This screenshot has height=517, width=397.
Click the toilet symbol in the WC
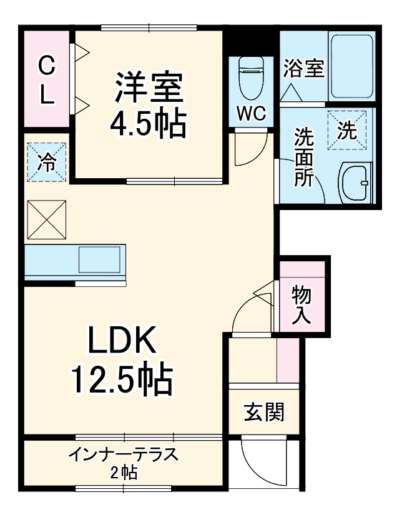pos(252,78)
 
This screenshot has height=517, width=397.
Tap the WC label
pos(252,113)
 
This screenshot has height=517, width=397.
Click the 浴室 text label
pos(304,68)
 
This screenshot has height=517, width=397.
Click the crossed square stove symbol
pos(46,219)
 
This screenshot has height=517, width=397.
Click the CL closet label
pos(46,79)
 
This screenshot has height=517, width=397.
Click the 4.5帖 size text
pos(148,125)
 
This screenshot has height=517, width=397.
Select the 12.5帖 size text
pos(121,379)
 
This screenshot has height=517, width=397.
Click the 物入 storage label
pos(302,304)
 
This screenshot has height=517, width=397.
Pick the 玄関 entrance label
pos(264,412)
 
